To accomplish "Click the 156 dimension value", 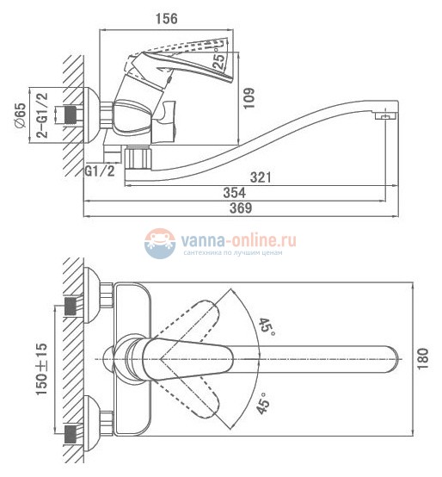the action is click(167, 19).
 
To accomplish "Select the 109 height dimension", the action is click(249, 98).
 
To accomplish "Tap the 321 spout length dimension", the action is click(261, 177).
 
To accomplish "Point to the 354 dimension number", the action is click(234, 193).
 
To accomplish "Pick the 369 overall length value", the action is click(241, 208).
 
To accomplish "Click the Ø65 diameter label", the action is click(21, 115).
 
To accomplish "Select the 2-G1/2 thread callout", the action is click(42, 115).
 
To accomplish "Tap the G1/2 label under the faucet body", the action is click(100, 171).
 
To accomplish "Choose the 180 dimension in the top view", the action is click(422, 359).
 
